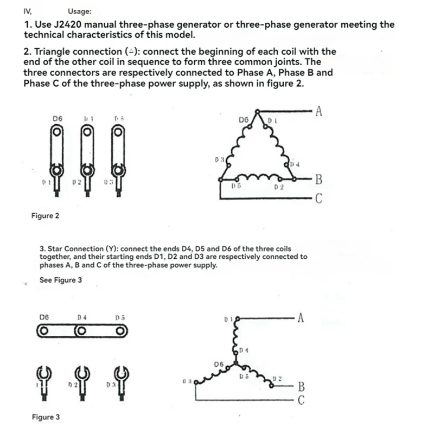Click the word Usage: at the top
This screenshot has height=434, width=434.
[80, 11]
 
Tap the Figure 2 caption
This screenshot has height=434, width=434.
[46, 216]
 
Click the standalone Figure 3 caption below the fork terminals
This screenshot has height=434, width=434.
[46, 417]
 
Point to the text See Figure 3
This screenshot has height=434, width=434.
[61, 280]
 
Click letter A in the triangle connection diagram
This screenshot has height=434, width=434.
[319, 112]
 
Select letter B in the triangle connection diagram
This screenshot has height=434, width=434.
[319, 179]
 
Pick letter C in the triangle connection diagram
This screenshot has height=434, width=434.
[319, 199]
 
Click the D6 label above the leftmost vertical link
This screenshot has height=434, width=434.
[58, 117]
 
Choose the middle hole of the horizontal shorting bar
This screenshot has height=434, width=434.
[81, 330]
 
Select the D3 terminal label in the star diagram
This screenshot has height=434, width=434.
[187, 382]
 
